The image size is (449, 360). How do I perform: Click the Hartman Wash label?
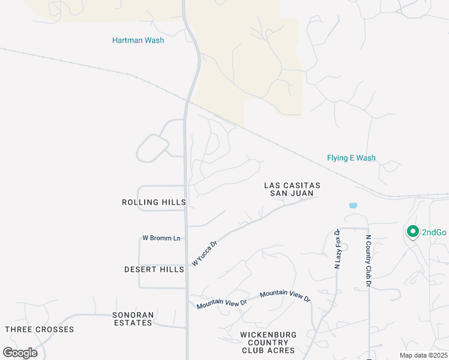coord(138,40)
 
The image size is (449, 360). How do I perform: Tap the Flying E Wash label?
coord(351,158)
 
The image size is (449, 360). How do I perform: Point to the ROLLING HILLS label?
coord(154,202)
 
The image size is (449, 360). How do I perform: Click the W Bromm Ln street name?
coord(161,238)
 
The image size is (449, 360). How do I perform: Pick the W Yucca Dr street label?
coord(204,254)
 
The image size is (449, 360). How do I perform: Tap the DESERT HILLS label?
coord(154,269)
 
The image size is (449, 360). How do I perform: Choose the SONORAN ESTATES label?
coord(133,319)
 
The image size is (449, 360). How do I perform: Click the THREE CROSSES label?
coord(40,329)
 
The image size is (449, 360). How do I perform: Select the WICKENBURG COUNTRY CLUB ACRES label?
coord(268,342)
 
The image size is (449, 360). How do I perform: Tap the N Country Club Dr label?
coord(369,260)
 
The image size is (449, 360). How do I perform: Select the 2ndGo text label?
coord(434,232)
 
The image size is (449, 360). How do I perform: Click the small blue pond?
coord(353,205)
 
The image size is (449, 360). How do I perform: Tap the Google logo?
coord(20,352)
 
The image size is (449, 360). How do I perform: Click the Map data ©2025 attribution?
coord(423,355)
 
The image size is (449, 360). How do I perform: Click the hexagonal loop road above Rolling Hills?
coord(154,148)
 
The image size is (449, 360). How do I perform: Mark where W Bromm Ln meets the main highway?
coord(185,238)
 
